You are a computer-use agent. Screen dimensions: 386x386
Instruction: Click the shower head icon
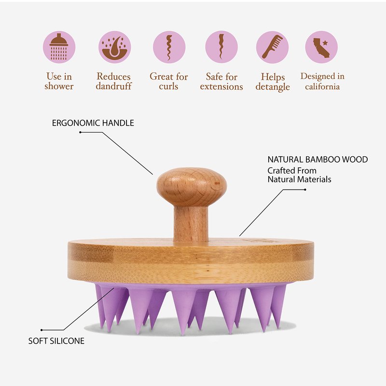[x=59, y=47]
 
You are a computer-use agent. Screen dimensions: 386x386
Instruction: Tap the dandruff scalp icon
[x=114, y=47]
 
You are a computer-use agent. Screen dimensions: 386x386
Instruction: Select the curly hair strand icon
[x=169, y=47]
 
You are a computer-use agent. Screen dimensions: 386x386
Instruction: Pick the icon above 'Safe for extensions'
[x=221, y=47]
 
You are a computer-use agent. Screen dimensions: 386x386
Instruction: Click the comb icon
[x=272, y=47]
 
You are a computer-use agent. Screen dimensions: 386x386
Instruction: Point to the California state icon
[x=322, y=47]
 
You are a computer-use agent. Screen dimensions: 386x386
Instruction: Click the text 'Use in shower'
[x=59, y=81]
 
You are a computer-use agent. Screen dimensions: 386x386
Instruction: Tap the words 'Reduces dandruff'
[x=114, y=81]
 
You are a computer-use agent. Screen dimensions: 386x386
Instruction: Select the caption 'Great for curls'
[x=168, y=81]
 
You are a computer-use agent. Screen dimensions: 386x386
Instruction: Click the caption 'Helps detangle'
[x=273, y=82]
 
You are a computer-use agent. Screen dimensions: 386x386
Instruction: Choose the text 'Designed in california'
[x=322, y=81]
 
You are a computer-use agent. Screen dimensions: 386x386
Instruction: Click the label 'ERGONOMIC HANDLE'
[x=93, y=123]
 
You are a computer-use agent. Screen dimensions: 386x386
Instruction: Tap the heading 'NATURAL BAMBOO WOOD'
[x=317, y=159]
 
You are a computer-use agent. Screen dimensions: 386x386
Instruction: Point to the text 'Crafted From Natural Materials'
[x=299, y=175]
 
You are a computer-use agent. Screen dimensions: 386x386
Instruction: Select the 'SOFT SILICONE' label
[x=56, y=341]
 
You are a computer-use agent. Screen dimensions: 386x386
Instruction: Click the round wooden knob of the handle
[x=192, y=186]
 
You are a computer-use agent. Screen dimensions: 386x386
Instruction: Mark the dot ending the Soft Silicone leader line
[x=42, y=330]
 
